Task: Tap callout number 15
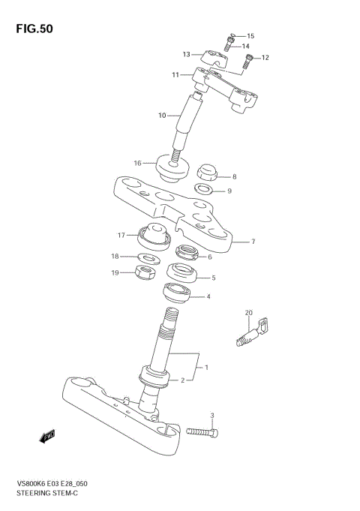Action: click(x=250, y=36)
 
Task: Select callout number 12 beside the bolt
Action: click(x=265, y=58)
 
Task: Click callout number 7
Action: click(x=253, y=242)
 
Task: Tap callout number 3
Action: click(x=212, y=415)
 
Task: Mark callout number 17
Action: click(x=121, y=235)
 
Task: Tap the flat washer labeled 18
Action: click(x=148, y=259)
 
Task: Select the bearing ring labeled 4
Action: click(x=172, y=293)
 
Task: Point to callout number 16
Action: click(x=137, y=163)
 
